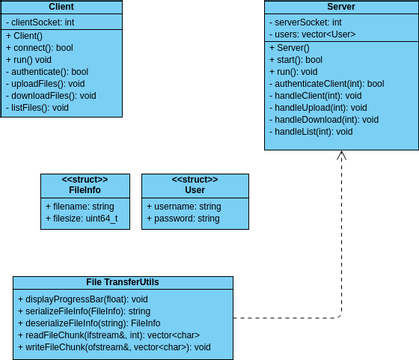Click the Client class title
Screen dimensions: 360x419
(x=61, y=7)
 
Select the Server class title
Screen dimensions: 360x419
(x=341, y=7)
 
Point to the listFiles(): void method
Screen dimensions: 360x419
(x=40, y=108)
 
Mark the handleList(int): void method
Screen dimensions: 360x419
(x=313, y=132)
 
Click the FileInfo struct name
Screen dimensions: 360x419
(x=85, y=189)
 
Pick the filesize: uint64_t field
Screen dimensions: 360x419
(x=82, y=217)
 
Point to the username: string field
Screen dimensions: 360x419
(x=184, y=205)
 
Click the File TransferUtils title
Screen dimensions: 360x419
(x=122, y=282)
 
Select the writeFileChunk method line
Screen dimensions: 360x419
(x=114, y=347)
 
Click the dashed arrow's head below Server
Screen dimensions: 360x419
(x=341, y=155)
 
